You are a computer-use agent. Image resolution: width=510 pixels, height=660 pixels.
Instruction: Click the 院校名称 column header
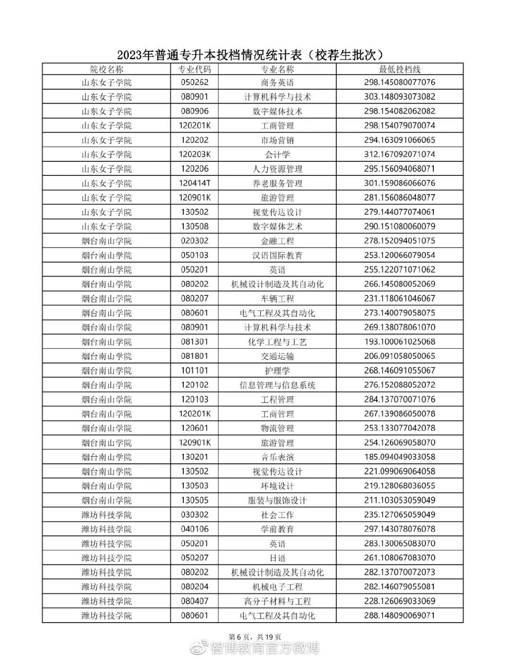pyautogui.click(x=106, y=69)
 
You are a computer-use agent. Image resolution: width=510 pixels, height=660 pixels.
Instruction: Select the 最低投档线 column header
pyautogui.click(x=399, y=69)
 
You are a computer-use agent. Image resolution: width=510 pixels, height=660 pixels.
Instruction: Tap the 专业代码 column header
pyautogui.click(x=194, y=69)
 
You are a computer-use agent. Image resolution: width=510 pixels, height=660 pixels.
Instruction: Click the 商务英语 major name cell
pyautogui.click(x=277, y=83)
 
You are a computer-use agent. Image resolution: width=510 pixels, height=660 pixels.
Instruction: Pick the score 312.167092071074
pyautogui.click(x=399, y=154)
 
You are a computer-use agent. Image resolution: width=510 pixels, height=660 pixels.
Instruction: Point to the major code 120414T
pyautogui.click(x=194, y=183)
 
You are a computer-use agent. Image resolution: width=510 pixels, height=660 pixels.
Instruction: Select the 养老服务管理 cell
pyautogui.click(x=277, y=183)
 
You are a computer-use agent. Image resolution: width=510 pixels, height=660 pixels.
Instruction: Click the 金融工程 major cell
pyautogui.click(x=277, y=241)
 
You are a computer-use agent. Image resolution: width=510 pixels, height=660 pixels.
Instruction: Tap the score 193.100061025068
pyautogui.click(x=399, y=342)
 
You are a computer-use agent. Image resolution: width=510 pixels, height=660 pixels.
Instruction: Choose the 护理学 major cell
pyautogui.click(x=277, y=371)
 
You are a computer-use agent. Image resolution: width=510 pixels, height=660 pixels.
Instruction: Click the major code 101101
pyautogui.click(x=194, y=371)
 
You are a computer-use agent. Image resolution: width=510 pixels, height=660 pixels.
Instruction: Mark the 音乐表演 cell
pyautogui.click(x=277, y=457)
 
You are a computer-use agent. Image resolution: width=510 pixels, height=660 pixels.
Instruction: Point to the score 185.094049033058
pyautogui.click(x=399, y=457)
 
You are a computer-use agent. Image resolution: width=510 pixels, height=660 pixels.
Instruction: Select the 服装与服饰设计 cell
pyautogui.click(x=277, y=501)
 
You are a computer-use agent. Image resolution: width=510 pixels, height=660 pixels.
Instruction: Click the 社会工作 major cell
pyautogui.click(x=277, y=515)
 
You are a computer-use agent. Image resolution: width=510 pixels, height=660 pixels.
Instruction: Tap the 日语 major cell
pyautogui.click(x=277, y=558)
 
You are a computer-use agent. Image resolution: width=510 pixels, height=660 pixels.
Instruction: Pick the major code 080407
pyautogui.click(x=194, y=601)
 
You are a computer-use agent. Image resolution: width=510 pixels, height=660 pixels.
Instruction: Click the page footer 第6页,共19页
pyautogui.click(x=255, y=637)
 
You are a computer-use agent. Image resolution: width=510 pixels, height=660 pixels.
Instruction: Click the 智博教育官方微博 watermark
pyautogui.click(x=264, y=648)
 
